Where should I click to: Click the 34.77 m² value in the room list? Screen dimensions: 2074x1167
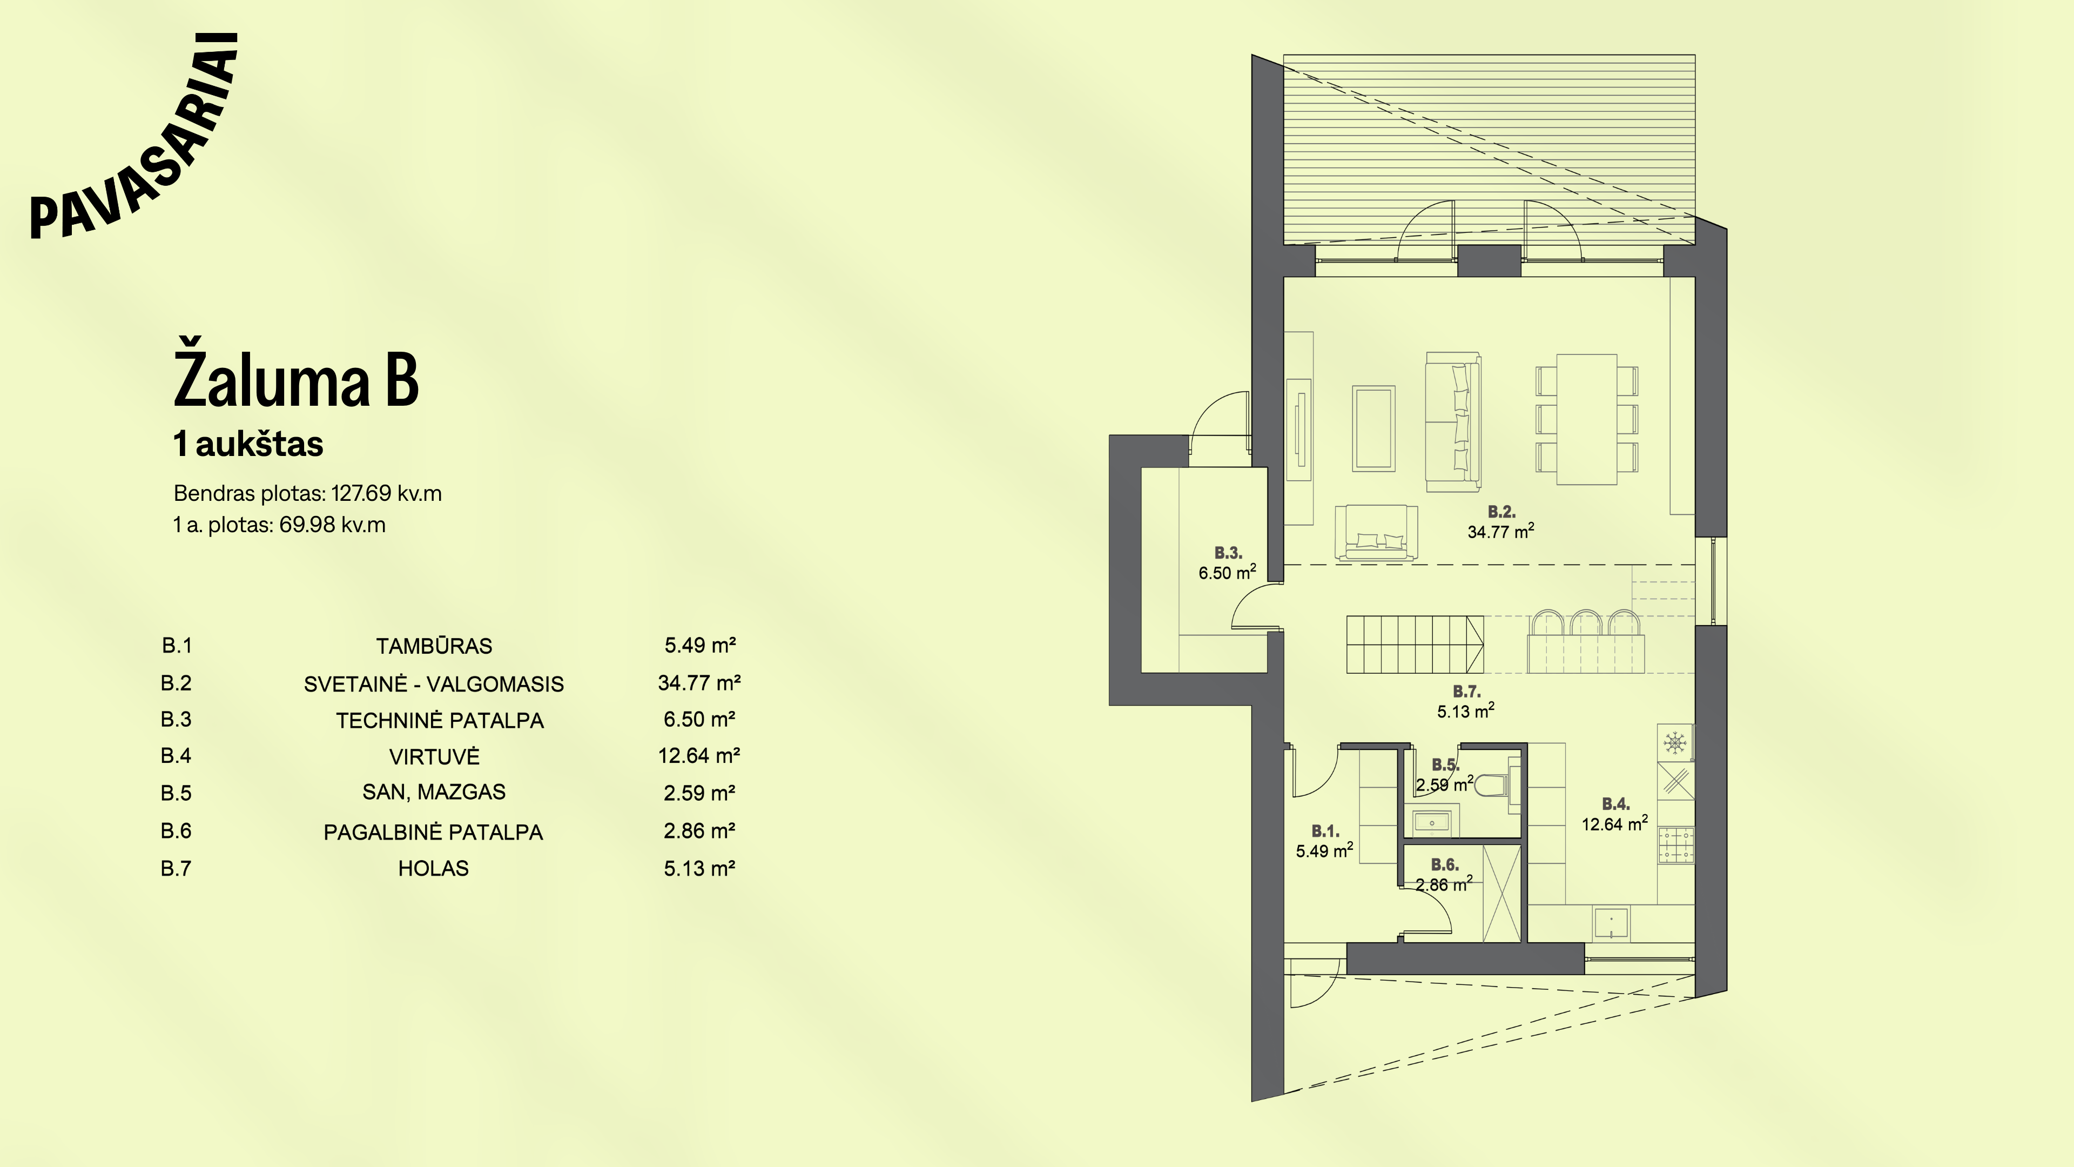pos(699,683)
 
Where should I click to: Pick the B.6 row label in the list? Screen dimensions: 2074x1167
pos(176,830)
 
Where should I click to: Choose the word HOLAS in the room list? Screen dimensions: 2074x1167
pos(433,868)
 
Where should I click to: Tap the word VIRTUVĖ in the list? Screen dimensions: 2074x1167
pos(434,756)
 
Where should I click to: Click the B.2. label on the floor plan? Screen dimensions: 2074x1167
pos(1501,512)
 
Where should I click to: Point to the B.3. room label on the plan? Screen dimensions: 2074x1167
pos(1228,553)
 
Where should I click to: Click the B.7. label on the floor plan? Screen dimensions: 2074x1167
pos(1466,691)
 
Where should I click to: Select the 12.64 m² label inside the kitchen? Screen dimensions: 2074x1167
pos(1614,823)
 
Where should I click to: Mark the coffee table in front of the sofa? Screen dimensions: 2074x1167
pos(1373,428)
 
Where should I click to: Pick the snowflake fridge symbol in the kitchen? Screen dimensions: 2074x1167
pos(1675,742)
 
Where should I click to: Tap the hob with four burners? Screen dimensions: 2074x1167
pos(1675,845)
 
